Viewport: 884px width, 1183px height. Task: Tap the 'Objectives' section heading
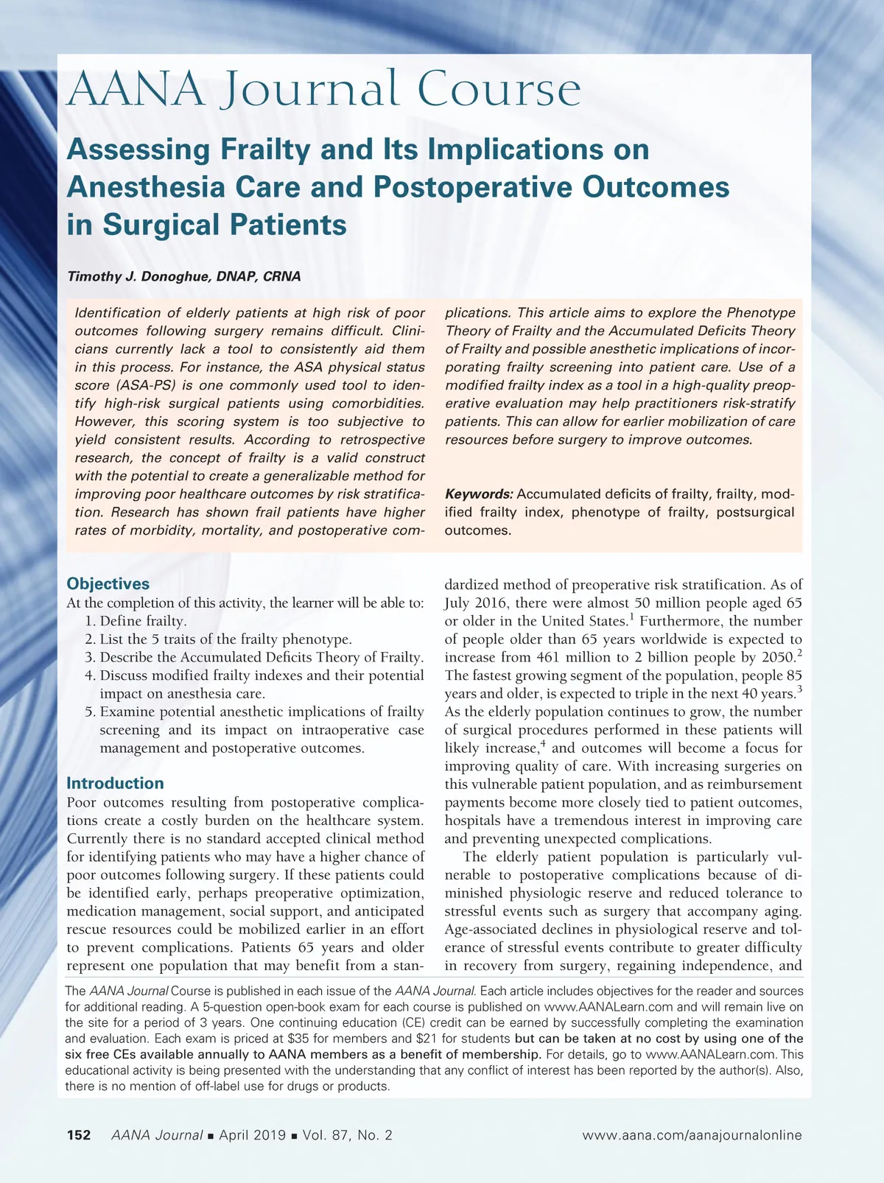coord(108,584)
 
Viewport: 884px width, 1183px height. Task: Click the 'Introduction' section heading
coord(115,783)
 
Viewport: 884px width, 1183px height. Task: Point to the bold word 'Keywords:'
coord(479,494)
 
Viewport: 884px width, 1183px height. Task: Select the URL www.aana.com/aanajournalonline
coord(692,1135)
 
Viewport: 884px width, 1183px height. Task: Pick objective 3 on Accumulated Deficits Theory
coord(261,657)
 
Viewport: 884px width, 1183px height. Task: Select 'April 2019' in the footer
coord(253,1135)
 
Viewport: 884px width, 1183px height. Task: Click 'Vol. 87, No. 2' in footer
coord(347,1135)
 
